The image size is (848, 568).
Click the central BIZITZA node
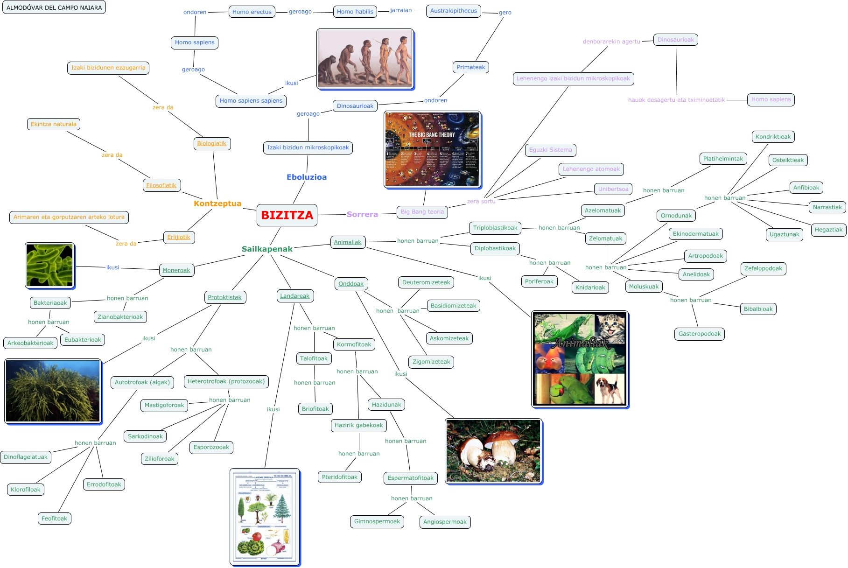pyautogui.click(x=287, y=215)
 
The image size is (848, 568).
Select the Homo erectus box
pyautogui.click(x=252, y=12)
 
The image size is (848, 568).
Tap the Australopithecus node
pyautogui.click(x=453, y=11)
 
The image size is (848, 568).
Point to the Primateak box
pyautogui.click(x=470, y=67)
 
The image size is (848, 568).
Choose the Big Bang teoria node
pyautogui.click(x=422, y=212)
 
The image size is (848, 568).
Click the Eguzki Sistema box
pyautogui.click(x=550, y=150)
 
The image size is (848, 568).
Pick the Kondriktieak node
pyautogui.click(x=773, y=137)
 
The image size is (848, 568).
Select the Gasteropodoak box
pyautogui.click(x=699, y=334)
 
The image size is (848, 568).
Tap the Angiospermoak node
pyautogui.click(x=444, y=522)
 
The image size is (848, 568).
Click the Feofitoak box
pyautogui.click(x=54, y=519)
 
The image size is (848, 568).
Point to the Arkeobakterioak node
pyautogui.click(x=30, y=343)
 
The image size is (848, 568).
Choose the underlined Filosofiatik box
pyautogui.click(x=161, y=185)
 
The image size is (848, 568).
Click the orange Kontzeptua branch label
pyautogui.click(x=217, y=203)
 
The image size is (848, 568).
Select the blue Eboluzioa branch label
pyautogui.click(x=306, y=177)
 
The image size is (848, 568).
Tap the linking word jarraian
pyautogui.click(x=400, y=10)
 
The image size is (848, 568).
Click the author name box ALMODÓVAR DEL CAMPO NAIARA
pyautogui.click(x=54, y=7)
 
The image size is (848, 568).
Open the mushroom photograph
pyautogui.click(x=493, y=451)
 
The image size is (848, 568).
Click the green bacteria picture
pyautogui.click(x=49, y=265)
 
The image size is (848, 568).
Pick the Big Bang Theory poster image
pyautogui.click(x=432, y=149)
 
